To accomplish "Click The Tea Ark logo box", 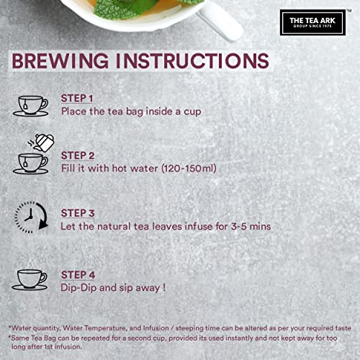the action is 312,22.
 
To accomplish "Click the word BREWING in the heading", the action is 60,61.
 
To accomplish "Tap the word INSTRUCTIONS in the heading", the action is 192,61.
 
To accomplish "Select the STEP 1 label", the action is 77,99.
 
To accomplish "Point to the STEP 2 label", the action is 78,156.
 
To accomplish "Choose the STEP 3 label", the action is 78,213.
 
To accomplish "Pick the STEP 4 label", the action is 78,275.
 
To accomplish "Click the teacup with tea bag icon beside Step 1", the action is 30,106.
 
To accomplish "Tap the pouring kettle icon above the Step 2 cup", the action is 41,143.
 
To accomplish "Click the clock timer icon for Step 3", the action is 32,217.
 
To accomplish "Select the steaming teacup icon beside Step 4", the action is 30,275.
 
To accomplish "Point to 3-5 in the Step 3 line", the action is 239,226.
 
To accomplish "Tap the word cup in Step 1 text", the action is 192,112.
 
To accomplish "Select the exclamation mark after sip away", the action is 164,287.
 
